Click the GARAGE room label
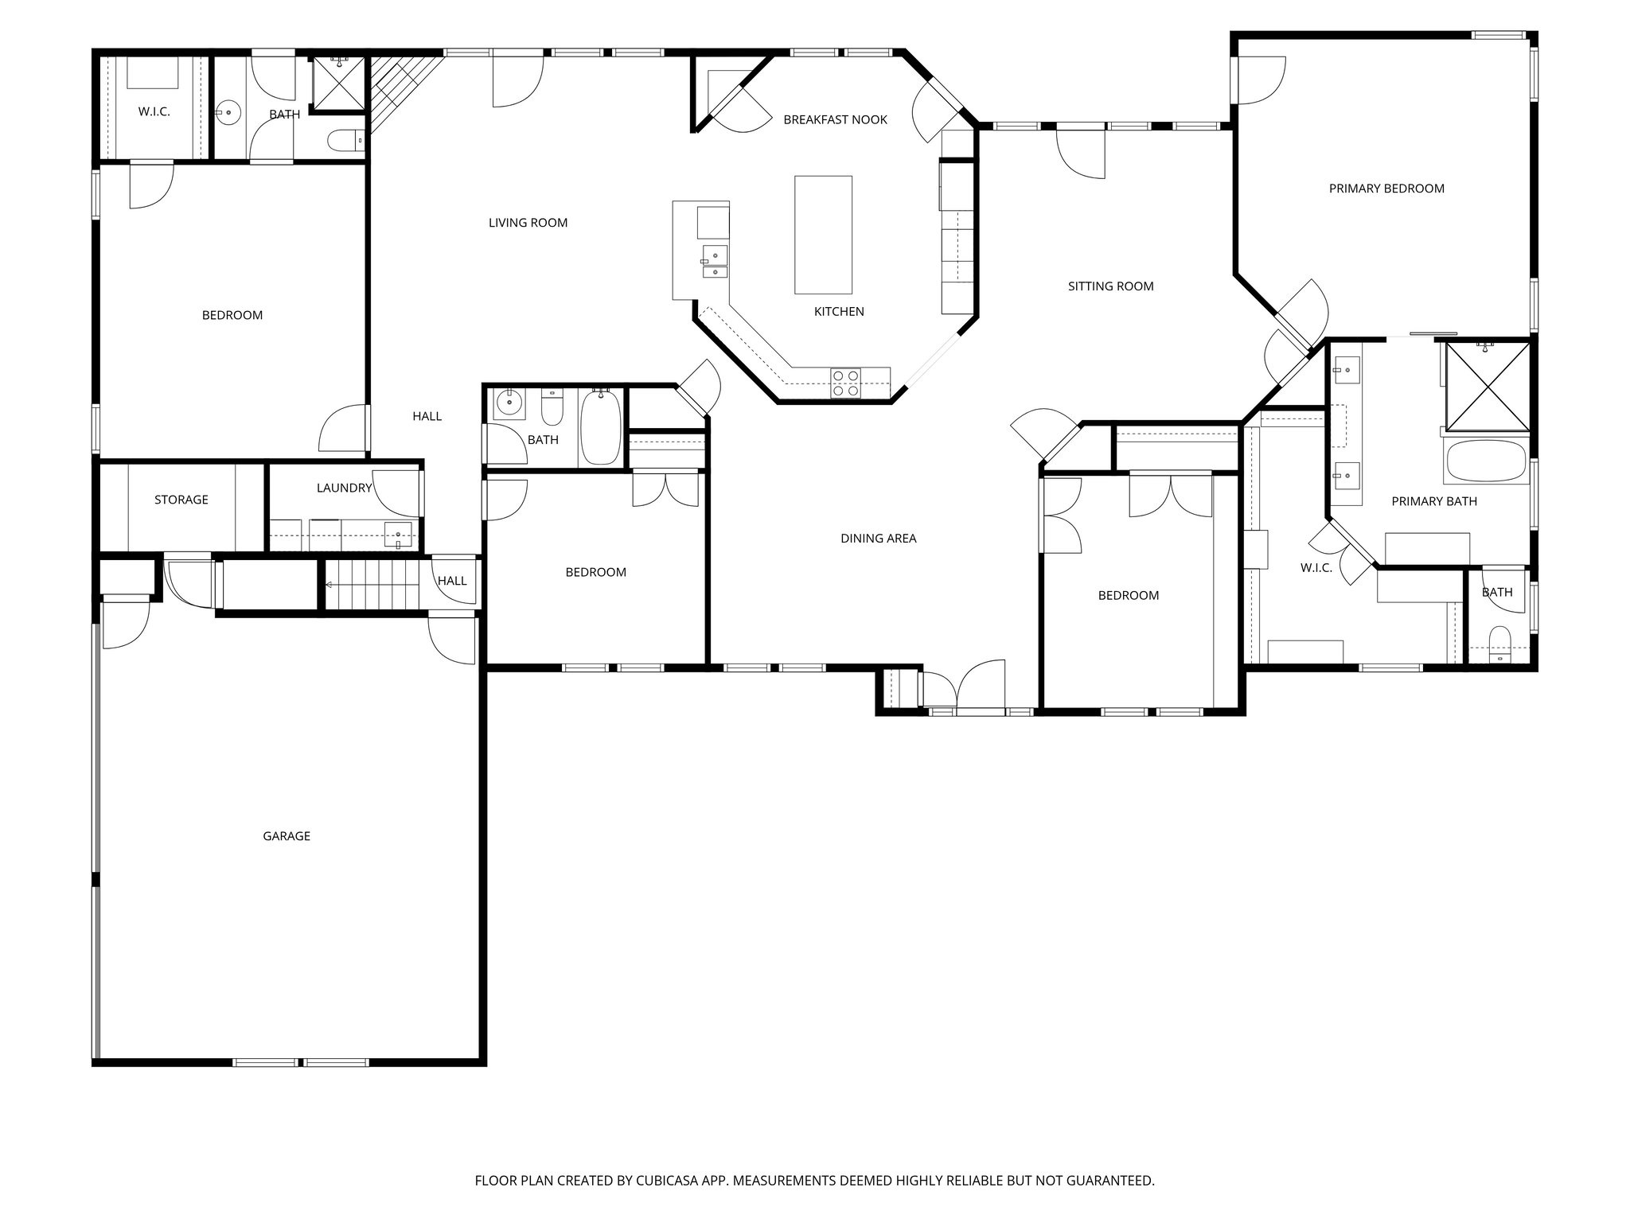tap(287, 836)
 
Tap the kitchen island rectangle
tap(823, 235)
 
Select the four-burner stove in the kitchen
tap(845, 383)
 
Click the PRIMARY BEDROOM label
tap(1386, 189)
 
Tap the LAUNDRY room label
tap(344, 488)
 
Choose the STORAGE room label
tap(181, 500)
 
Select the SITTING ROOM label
tap(1110, 286)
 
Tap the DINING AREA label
tap(878, 539)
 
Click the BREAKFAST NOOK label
tap(835, 120)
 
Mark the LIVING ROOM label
tap(528, 223)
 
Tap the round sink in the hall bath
tap(506, 405)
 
